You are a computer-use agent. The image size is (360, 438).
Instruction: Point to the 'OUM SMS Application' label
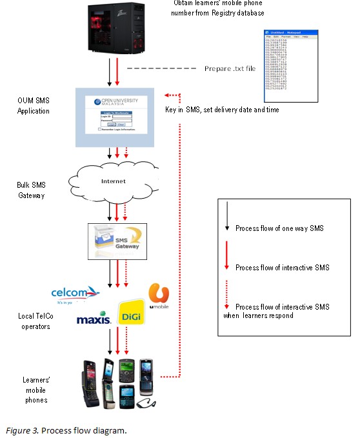(35, 105)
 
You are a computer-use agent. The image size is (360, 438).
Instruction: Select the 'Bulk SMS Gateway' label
(31, 190)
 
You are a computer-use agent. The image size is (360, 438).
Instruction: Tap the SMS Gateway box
(117, 240)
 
